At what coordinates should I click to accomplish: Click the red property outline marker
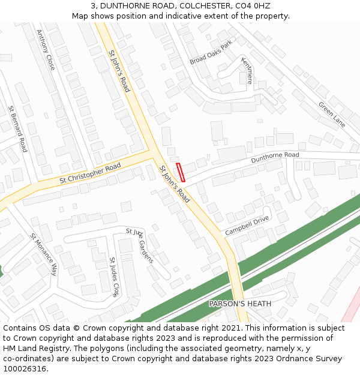(181, 172)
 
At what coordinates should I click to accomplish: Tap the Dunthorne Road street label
(275, 158)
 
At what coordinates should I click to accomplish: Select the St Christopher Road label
(90, 173)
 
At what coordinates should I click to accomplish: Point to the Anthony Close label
(46, 50)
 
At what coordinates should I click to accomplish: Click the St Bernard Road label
(17, 129)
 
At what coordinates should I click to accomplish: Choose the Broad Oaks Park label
(211, 53)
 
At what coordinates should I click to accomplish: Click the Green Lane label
(332, 114)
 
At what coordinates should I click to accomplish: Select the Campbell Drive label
(247, 226)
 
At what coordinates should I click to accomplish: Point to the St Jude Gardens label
(140, 245)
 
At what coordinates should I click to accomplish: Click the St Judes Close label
(113, 277)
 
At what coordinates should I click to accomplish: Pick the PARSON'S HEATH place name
(240, 304)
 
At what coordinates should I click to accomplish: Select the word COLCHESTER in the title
(193, 5)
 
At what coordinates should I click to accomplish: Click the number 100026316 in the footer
(24, 369)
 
